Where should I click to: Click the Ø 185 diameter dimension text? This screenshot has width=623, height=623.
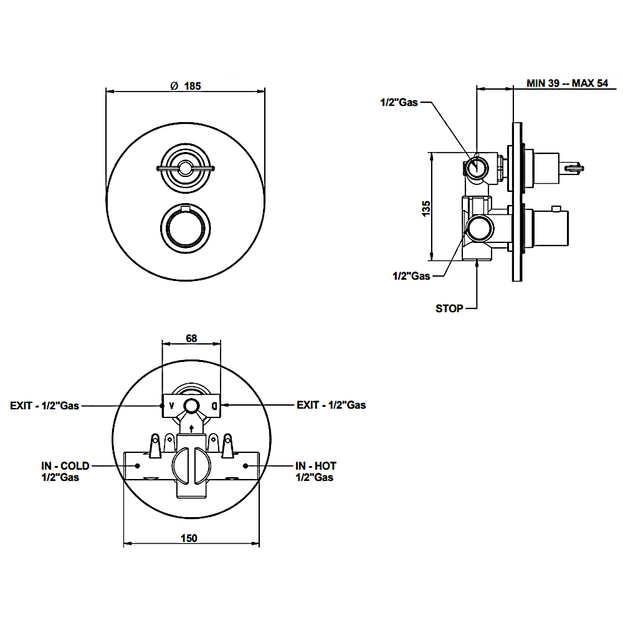(x=186, y=87)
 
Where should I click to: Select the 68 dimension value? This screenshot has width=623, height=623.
(x=191, y=338)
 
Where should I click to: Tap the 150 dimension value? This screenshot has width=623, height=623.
(x=191, y=538)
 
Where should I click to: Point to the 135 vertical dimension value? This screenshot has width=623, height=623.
(x=426, y=208)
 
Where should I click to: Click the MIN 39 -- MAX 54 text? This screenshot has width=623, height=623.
(x=567, y=83)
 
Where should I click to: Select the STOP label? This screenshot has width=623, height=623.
(x=449, y=308)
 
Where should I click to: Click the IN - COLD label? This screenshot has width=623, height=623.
(x=65, y=465)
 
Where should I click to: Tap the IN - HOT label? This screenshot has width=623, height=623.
(x=316, y=465)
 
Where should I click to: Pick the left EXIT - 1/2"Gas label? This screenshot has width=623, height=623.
(x=44, y=405)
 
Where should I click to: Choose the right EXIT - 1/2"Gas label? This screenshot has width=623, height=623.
(x=331, y=405)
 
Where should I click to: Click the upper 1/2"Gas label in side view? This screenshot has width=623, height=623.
(x=399, y=102)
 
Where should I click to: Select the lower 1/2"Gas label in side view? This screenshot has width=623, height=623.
(x=411, y=275)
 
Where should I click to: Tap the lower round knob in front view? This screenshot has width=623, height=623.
(x=186, y=227)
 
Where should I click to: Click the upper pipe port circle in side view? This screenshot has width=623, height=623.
(x=478, y=167)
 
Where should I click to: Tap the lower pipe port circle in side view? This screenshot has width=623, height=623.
(x=480, y=229)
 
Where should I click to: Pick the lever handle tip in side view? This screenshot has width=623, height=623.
(x=575, y=167)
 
